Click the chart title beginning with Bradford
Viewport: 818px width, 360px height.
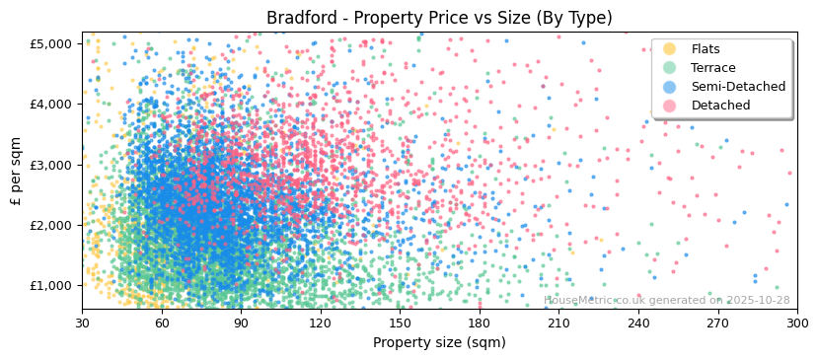(x=439, y=18)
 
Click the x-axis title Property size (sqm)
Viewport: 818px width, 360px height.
(x=439, y=343)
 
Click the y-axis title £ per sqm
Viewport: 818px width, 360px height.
(x=16, y=172)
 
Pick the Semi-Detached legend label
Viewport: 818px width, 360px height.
(x=738, y=87)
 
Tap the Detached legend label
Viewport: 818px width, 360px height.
(x=720, y=106)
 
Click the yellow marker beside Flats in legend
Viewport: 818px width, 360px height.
(x=670, y=49)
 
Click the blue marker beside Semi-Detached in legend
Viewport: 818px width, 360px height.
(x=670, y=87)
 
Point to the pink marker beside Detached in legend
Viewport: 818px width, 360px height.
(x=670, y=106)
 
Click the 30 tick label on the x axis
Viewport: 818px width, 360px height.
(x=82, y=323)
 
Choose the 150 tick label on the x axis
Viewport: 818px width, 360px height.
(x=400, y=323)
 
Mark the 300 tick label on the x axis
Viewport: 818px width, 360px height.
(x=797, y=323)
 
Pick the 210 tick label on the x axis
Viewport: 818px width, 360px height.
(x=558, y=323)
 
